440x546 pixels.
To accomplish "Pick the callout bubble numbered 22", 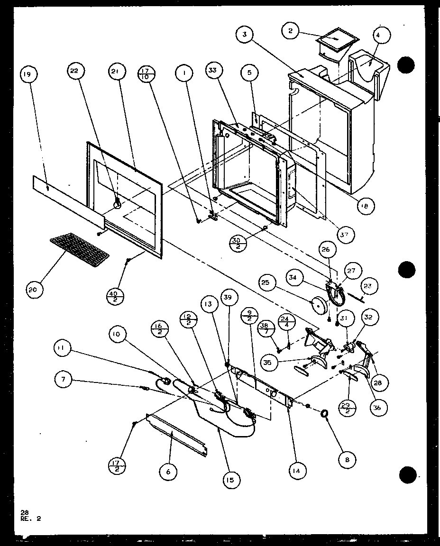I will [x=76, y=71].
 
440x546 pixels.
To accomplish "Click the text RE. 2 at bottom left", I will [x=31, y=519].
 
